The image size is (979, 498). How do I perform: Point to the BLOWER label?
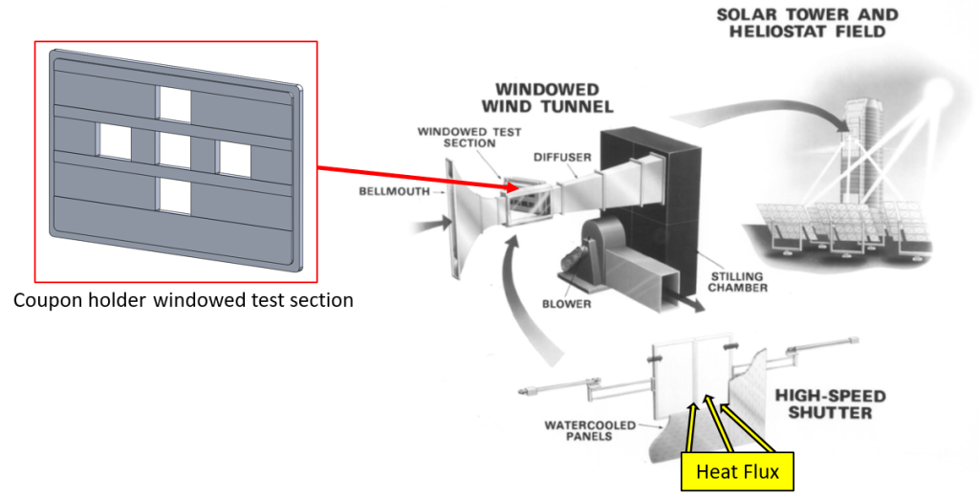tap(565, 305)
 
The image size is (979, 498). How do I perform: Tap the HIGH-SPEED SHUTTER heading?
tap(830, 404)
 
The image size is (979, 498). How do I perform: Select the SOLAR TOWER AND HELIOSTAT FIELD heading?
tap(807, 24)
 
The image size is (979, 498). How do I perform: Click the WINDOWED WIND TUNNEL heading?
tap(547, 97)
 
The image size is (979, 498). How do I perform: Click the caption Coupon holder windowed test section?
tap(183, 300)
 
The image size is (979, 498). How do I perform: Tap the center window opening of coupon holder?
tap(175, 150)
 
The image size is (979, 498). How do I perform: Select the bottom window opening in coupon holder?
tap(175, 196)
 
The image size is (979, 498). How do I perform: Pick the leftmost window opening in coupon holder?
tap(115, 141)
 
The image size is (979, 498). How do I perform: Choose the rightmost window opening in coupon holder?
tap(235, 158)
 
